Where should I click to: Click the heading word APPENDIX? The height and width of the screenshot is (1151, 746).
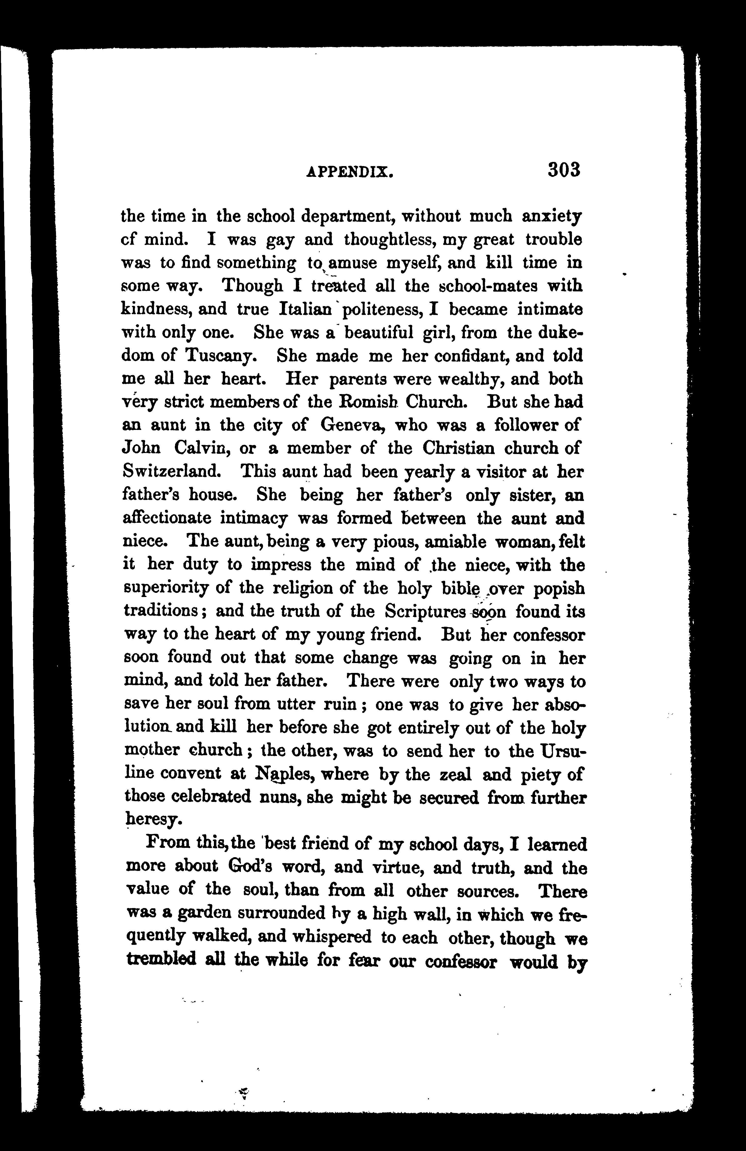350,172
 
